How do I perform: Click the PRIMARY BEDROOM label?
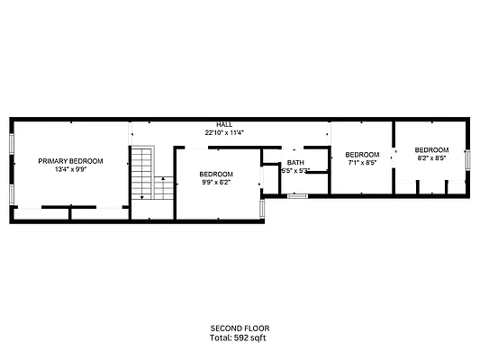70,161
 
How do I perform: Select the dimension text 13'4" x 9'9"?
70,169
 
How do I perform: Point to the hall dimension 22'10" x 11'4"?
224,132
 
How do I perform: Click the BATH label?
295,163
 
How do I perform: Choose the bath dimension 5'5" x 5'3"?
295,170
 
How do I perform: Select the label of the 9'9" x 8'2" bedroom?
216,174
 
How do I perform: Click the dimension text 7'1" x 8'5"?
362,163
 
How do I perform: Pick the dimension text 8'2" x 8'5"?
431,157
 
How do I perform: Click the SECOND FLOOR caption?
240,328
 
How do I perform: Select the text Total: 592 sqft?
240,337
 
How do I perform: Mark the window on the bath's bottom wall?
297,194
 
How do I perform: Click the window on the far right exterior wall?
468,159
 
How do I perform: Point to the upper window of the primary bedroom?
12,143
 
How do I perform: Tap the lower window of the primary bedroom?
12,193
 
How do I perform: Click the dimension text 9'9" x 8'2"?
216,182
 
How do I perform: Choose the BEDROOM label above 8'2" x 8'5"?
431,149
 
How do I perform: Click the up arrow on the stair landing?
162,180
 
